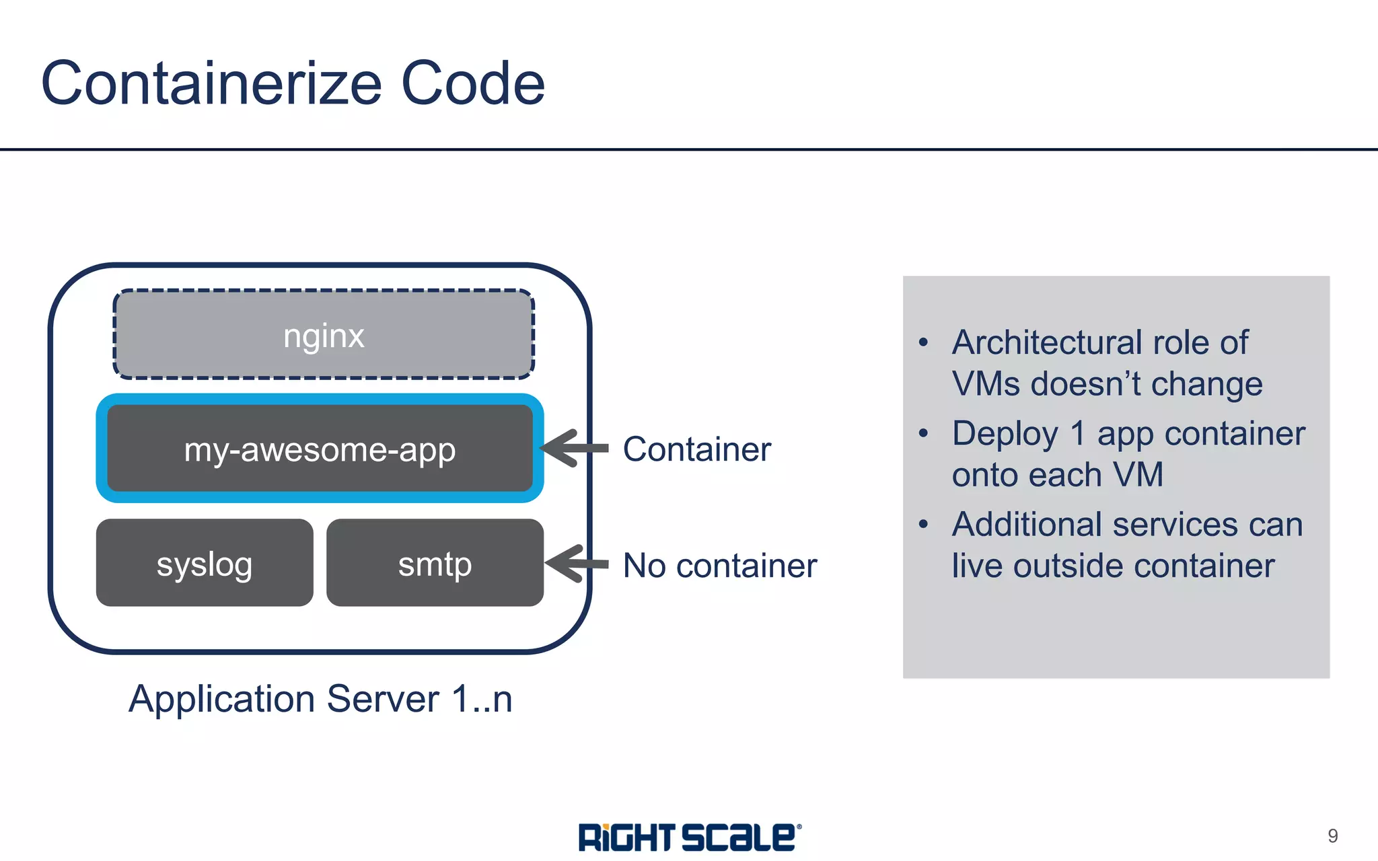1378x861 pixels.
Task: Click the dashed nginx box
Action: [x=324, y=334]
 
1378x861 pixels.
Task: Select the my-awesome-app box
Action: [x=320, y=449]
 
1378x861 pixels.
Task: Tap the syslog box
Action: [x=205, y=563]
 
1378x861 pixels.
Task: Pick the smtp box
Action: [x=435, y=563]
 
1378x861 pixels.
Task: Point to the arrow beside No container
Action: [x=576, y=564]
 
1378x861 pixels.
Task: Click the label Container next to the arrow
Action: [x=696, y=449]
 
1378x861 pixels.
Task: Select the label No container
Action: [x=719, y=565]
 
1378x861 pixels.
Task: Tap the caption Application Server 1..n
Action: [x=320, y=698]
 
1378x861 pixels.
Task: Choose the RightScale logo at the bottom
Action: [x=689, y=837]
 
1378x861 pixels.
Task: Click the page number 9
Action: [x=1332, y=835]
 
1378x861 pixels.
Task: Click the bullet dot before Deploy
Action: [x=924, y=433]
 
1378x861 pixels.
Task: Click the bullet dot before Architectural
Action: [x=924, y=342]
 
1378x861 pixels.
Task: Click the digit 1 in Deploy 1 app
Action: [x=1078, y=433]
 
